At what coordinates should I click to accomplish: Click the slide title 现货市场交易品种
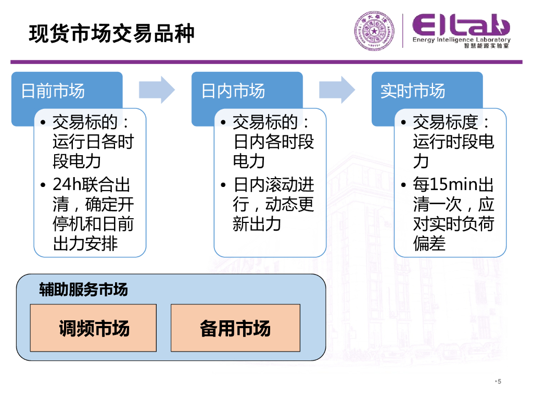point(111,34)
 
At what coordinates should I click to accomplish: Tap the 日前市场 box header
point(53,91)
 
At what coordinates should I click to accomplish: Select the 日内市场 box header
point(233,91)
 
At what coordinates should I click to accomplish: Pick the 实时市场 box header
point(413,91)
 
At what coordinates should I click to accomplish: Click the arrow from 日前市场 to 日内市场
point(157,90)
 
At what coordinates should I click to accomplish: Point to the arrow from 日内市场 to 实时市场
point(337,90)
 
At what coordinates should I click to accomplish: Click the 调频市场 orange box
point(94,328)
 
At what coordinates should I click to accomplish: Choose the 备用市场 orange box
point(235,328)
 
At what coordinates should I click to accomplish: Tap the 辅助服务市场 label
point(83,290)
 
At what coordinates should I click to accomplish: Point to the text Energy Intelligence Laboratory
point(461,40)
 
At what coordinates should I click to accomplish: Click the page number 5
point(499,382)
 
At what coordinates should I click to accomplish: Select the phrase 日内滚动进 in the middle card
point(274,185)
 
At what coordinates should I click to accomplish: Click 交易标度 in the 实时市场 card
point(446,122)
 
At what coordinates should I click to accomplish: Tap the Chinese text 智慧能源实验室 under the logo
point(487,47)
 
